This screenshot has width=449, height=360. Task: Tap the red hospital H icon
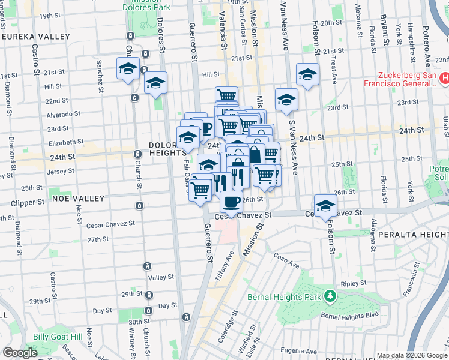[x=444, y=77]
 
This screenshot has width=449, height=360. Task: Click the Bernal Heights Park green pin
[x=329, y=296]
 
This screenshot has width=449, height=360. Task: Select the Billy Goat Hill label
[x=58, y=337]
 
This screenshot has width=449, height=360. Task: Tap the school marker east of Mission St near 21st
[x=308, y=74]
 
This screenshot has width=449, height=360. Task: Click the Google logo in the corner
[x=20, y=353]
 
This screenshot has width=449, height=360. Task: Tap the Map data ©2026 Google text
[x=412, y=355]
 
